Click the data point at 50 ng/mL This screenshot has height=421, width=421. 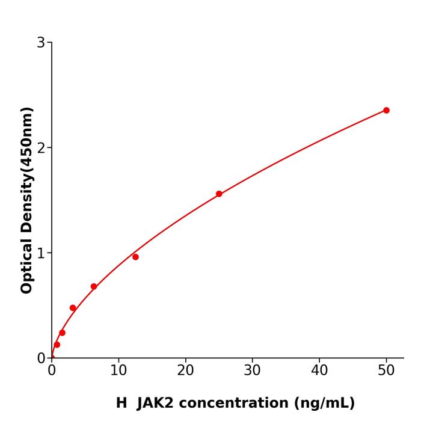point(386,110)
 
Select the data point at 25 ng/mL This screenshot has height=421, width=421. point(219,194)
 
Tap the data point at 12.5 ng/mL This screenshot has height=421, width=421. point(135,257)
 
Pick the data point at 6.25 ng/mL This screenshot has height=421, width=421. point(94,286)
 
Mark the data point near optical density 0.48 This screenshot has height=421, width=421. point(73,308)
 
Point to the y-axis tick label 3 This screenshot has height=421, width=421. point(41,42)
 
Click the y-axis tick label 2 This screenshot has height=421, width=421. point(41,147)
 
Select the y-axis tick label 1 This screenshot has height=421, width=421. point(41,253)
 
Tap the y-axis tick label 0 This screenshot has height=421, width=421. point(41,358)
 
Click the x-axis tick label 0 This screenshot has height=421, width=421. point(52,370)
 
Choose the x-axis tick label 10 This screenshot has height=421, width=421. point(118,370)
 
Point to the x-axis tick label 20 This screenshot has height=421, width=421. point(185,370)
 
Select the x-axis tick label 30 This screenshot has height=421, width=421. point(253,370)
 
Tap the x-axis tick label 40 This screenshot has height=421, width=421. point(319,370)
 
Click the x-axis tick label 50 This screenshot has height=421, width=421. point(386,370)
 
